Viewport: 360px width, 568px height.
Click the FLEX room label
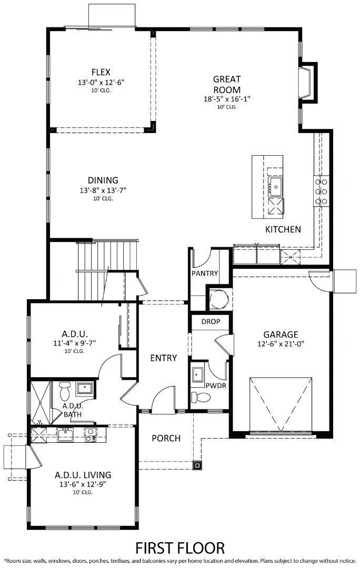coord(101,72)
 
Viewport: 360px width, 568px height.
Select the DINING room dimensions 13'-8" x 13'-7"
coord(103,190)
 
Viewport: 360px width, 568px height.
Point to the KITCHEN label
coord(283,229)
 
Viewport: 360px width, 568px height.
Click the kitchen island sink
coord(276,185)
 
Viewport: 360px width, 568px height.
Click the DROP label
coord(211,321)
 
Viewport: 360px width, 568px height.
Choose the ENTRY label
coord(163,358)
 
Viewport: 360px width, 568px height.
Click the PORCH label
coord(166,438)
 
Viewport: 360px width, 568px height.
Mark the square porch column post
coord(197,464)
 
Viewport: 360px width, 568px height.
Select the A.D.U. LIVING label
coord(83,475)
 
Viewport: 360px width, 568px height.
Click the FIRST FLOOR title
coord(180,548)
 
